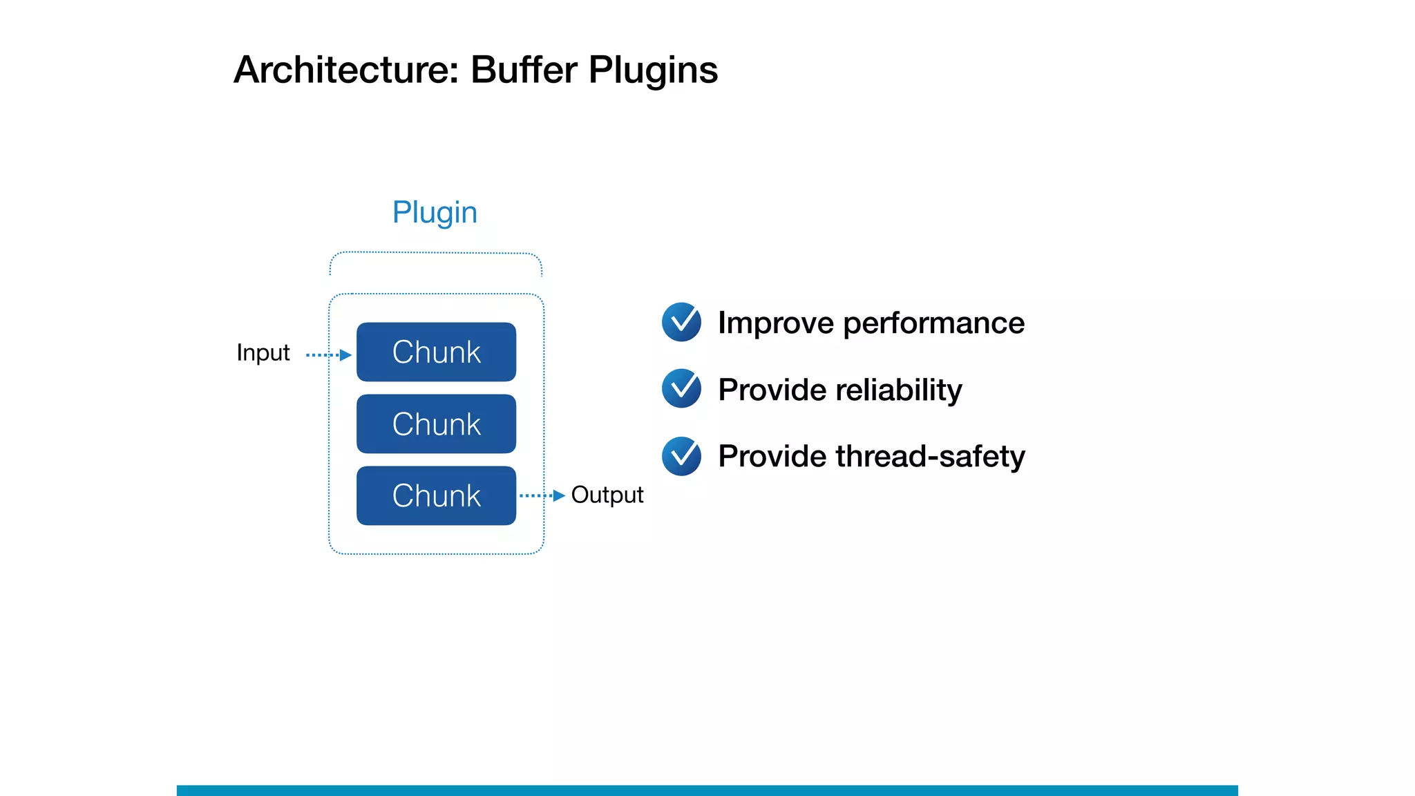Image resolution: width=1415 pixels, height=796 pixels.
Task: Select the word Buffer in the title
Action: pyautogui.click(x=524, y=70)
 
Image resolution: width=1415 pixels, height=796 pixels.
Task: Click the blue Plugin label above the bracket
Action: pyautogui.click(x=435, y=212)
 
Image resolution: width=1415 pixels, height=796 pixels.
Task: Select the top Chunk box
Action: pyautogui.click(x=436, y=352)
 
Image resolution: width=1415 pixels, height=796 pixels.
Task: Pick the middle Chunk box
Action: pyautogui.click(x=436, y=424)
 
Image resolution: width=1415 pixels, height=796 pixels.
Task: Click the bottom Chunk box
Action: pyautogui.click(x=436, y=495)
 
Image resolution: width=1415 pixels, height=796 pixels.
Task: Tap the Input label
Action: pyautogui.click(x=263, y=353)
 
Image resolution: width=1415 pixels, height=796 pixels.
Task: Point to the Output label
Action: pyautogui.click(x=607, y=495)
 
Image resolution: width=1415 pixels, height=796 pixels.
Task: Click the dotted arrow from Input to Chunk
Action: pyautogui.click(x=329, y=355)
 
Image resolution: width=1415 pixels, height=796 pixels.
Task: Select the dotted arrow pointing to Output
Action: pyautogui.click(x=542, y=495)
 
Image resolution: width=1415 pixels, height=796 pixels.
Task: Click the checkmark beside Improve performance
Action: pyautogui.click(x=681, y=322)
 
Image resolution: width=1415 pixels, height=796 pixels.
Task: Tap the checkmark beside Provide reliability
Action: pyautogui.click(x=681, y=388)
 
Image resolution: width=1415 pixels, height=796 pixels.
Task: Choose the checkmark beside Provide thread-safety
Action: pyautogui.click(x=681, y=456)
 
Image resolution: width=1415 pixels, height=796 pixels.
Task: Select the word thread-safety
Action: pyautogui.click(x=930, y=457)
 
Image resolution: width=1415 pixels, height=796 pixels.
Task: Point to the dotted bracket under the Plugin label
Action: pyautogui.click(x=435, y=254)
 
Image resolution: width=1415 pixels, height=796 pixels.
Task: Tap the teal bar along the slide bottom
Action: pyautogui.click(x=707, y=790)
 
